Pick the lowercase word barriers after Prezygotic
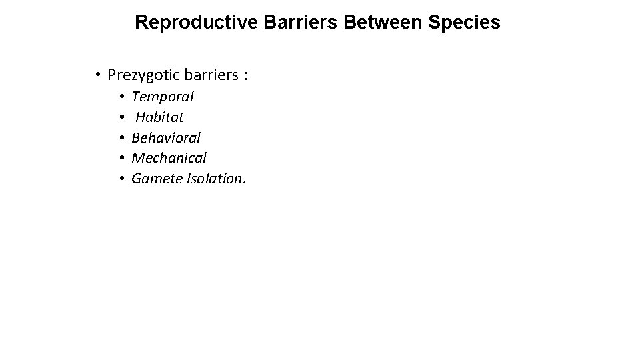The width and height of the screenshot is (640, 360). tap(209, 75)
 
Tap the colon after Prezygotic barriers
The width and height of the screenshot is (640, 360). tap(246, 76)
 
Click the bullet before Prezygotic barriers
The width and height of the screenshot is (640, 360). tap(97, 75)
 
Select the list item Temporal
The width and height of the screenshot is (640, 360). tap(163, 97)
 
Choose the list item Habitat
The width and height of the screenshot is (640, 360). tap(159, 117)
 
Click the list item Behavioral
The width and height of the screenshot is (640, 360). tap(166, 138)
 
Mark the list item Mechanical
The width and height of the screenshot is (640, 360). tap(169, 158)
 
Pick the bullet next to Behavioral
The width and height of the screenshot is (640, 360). tap(123, 138)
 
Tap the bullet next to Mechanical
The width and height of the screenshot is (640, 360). tap(123, 159)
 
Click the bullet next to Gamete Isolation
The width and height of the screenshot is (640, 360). tap(123, 179)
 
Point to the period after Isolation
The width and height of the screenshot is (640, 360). tap(244, 183)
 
